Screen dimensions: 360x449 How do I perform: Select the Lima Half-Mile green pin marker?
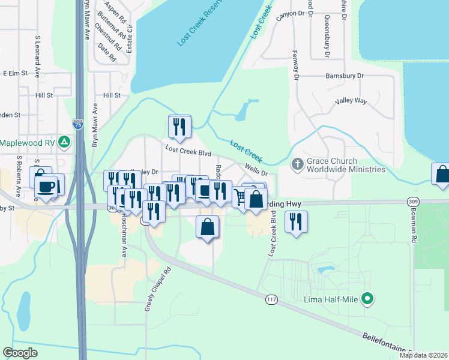point(369,298)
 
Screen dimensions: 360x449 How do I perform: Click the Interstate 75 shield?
point(77,124)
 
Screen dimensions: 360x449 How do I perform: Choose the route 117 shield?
point(272,299)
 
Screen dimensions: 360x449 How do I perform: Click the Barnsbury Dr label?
point(345,76)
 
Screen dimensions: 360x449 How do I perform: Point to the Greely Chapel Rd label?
point(149,289)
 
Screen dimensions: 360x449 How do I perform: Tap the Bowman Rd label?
point(414,226)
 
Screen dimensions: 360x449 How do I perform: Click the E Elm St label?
point(15,73)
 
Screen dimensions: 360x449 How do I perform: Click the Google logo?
point(20,353)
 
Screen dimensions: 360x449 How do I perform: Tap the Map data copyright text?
point(423,355)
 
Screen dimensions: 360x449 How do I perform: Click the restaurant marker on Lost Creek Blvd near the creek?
point(179,127)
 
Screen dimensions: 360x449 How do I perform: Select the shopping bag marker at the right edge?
point(442,175)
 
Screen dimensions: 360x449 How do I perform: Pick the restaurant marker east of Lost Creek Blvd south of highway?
point(296,222)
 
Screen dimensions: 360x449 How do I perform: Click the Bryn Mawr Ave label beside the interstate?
point(94,126)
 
